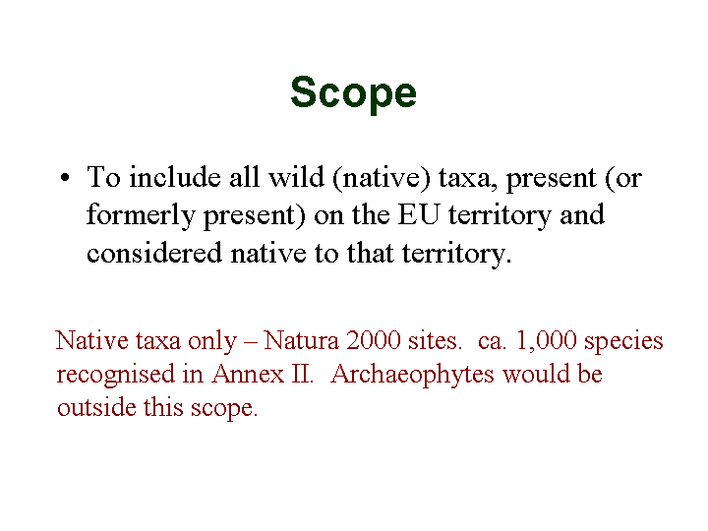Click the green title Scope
coord(353,93)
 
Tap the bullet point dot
coord(65,177)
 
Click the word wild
coord(296,177)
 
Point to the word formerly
coord(141,216)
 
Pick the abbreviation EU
coord(418,215)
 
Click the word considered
coord(154,253)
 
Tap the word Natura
coord(301,340)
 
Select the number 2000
coord(373,340)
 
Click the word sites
coord(436,340)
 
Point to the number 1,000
coord(546,341)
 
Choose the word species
coord(623,342)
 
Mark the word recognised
coord(115,375)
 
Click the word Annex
coord(248,374)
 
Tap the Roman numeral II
coord(302,374)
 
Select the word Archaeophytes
coord(412,376)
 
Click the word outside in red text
coord(96,407)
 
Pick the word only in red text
coord(212,342)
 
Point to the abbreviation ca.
coord(492,342)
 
